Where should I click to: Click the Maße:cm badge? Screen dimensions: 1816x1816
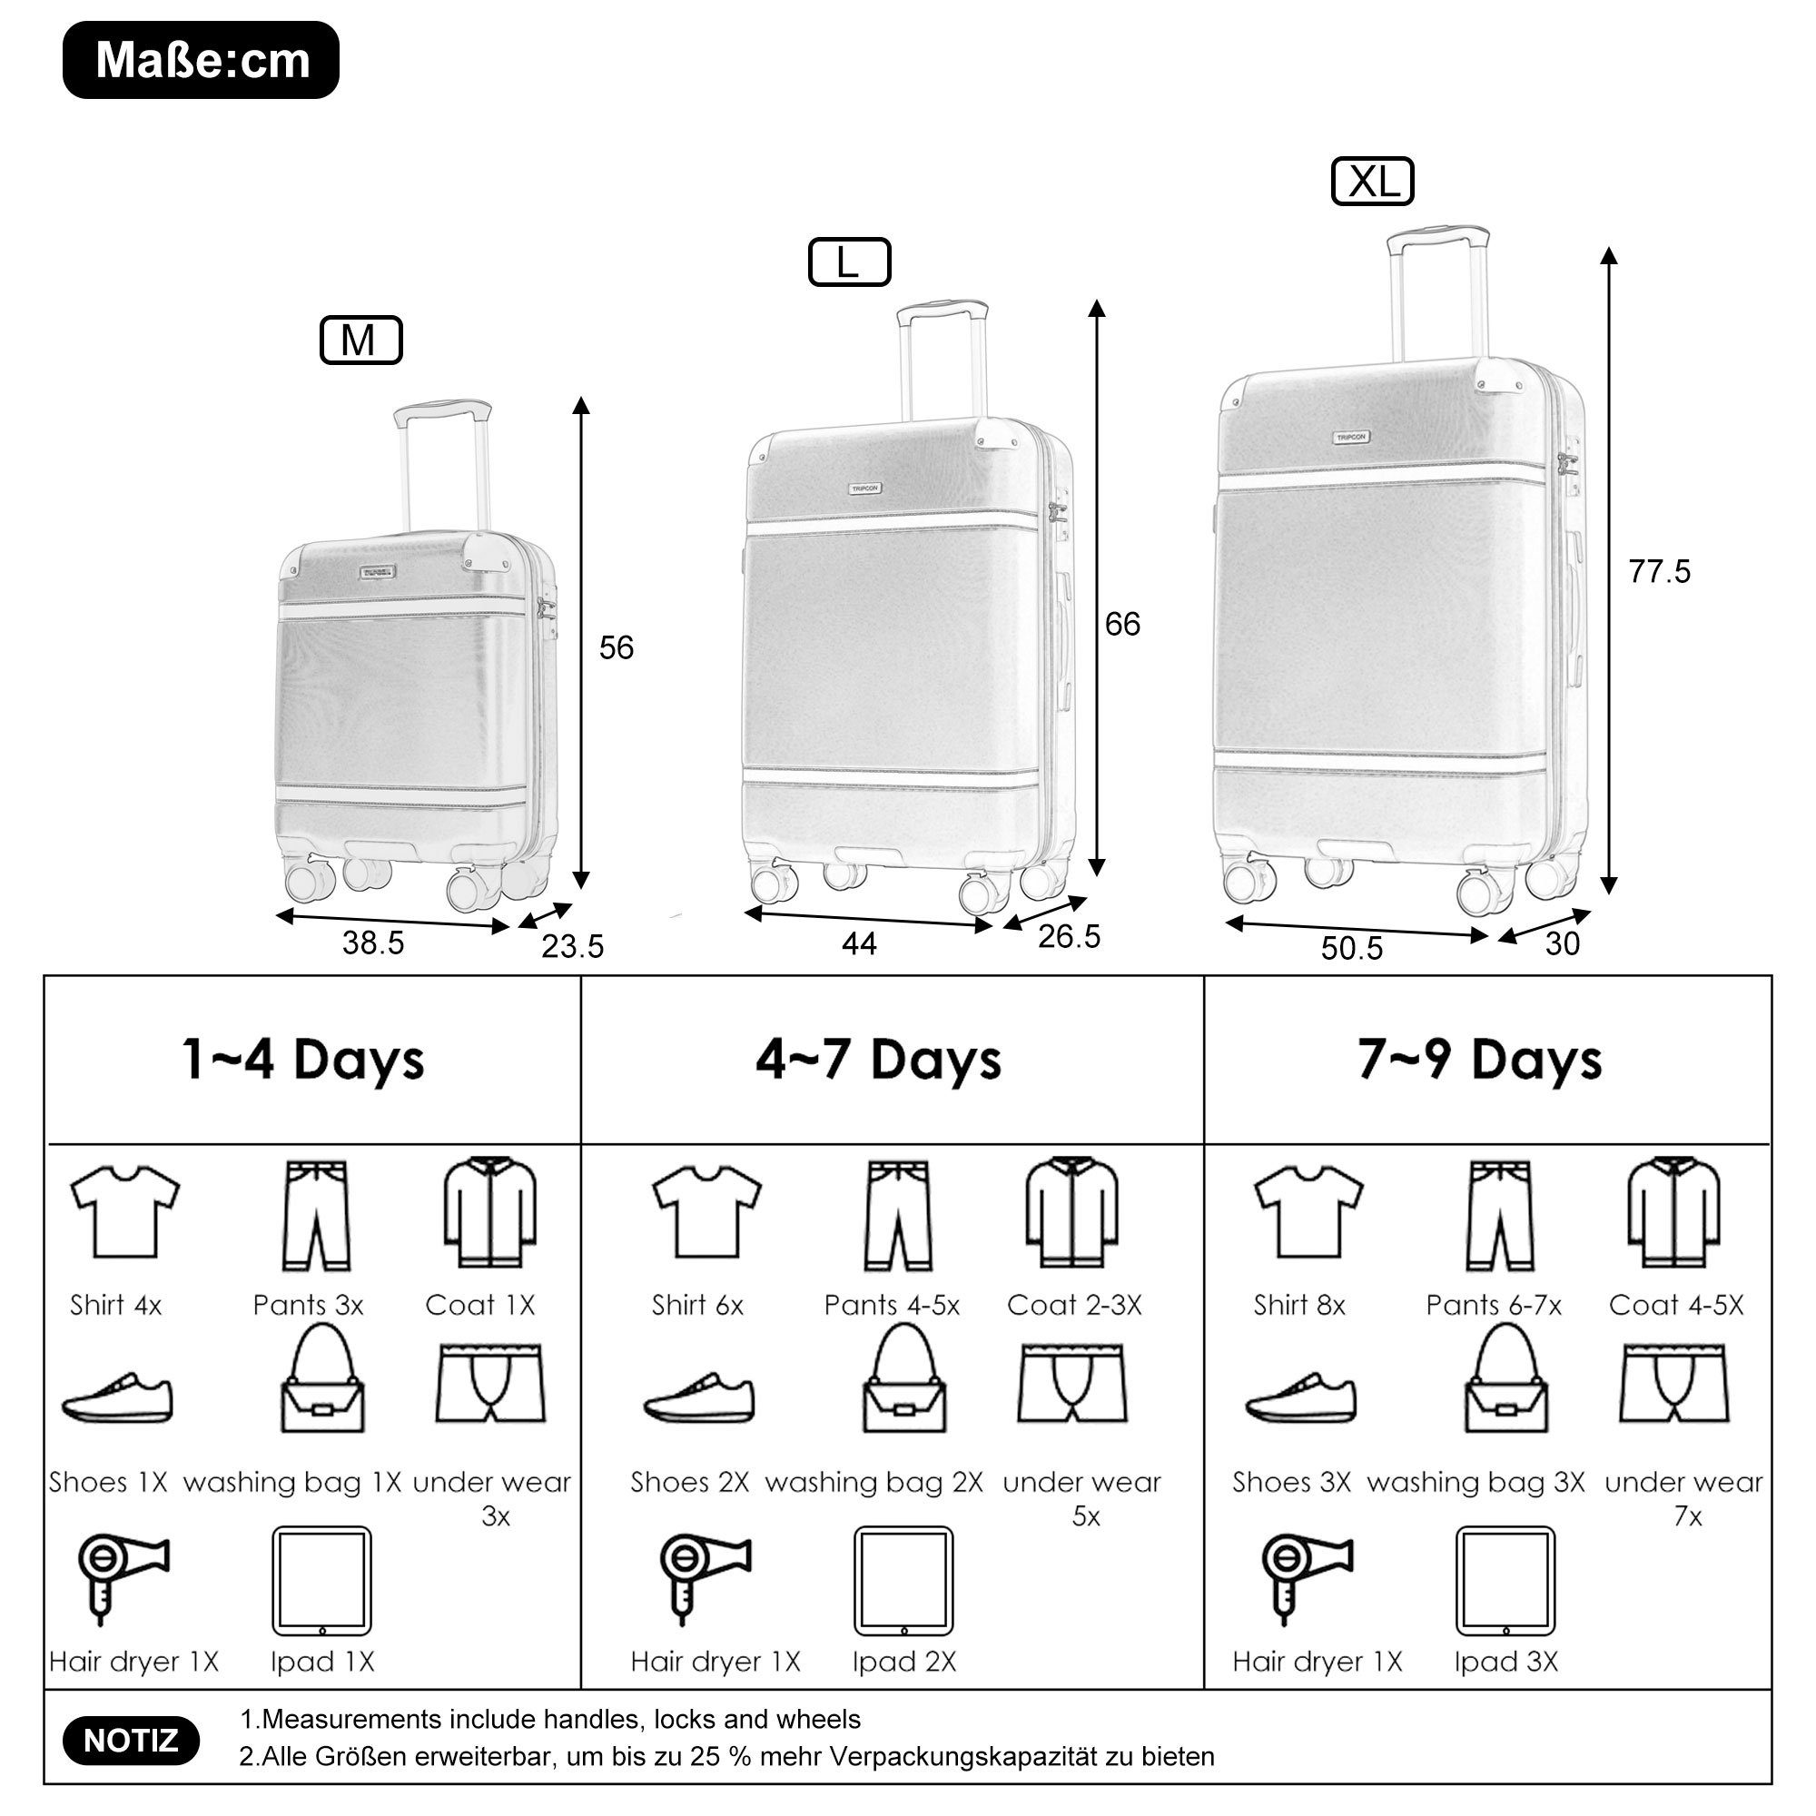tap(202, 60)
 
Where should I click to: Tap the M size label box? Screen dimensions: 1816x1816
tap(361, 340)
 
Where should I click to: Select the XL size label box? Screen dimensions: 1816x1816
tap(1372, 182)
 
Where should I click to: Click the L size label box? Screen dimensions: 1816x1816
tap(850, 262)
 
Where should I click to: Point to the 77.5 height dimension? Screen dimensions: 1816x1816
tap(1659, 570)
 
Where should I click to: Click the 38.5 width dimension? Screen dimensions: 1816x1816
tap(373, 943)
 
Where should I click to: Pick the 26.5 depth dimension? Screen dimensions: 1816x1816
tap(1069, 936)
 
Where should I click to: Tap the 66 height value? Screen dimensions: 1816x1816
tap(1122, 624)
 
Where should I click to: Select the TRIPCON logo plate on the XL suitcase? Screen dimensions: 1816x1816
tap(1352, 437)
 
